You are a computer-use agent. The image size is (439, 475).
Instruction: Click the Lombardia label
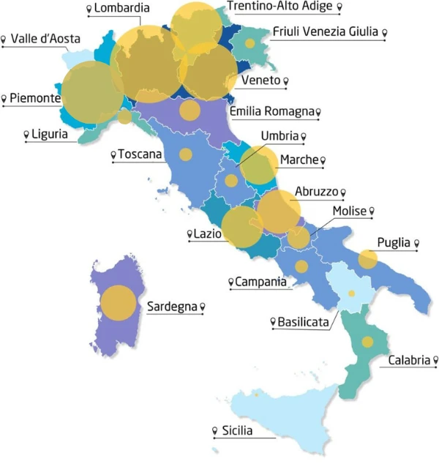click(122, 9)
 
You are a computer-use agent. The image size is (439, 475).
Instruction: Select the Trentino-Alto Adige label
click(279, 7)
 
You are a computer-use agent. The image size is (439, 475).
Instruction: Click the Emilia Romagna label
click(271, 111)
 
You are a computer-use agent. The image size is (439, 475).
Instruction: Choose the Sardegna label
click(172, 306)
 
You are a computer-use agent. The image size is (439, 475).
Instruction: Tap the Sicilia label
click(236, 431)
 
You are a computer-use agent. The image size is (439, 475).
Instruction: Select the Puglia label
click(393, 243)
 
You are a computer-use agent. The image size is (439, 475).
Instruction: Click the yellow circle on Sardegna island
click(118, 303)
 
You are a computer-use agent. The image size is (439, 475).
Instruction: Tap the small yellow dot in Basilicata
click(351, 293)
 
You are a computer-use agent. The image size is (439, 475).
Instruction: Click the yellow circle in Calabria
click(367, 342)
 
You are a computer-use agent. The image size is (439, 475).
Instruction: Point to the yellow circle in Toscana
click(186, 154)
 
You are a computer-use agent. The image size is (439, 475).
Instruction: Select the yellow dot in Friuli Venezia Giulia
click(250, 44)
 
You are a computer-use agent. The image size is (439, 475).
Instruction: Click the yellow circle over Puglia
click(367, 259)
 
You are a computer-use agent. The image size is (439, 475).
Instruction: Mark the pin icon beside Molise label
click(372, 212)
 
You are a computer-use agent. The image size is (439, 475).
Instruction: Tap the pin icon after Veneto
click(288, 81)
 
